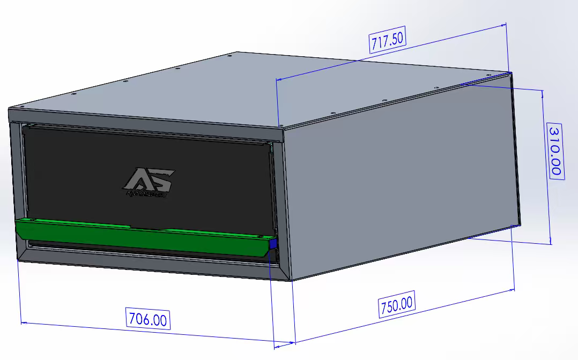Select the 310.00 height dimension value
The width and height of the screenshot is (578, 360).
click(554, 151)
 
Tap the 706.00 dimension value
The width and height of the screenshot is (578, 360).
click(147, 319)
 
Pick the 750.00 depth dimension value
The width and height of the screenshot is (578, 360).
click(397, 306)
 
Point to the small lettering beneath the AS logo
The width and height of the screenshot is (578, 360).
click(146, 194)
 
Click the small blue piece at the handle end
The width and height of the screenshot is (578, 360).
click(273, 245)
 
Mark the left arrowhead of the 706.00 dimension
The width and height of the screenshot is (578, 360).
click(23, 323)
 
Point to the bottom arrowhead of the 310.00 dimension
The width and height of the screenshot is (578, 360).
click(551, 242)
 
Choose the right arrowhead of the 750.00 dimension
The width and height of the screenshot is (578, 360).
click(513, 289)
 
